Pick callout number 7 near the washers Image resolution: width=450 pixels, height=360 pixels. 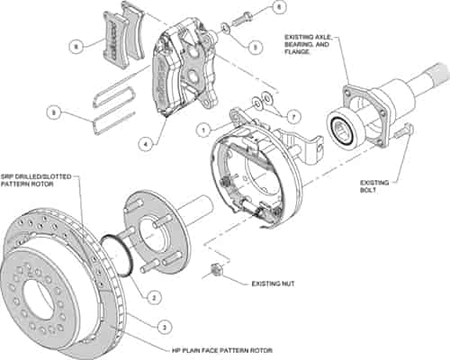coord(290,117)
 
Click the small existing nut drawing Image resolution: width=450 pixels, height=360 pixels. coord(216,271)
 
